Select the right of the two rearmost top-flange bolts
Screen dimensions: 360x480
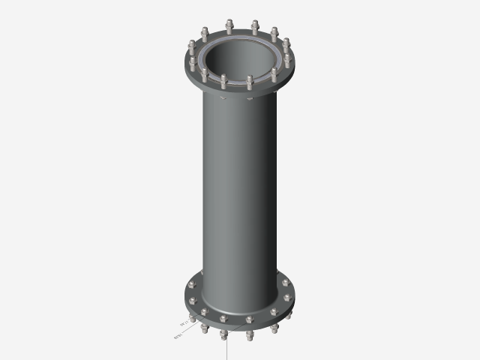tap(256, 28)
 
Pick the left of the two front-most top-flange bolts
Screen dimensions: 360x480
tap(223, 80)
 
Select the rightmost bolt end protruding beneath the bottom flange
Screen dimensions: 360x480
tap(286, 317)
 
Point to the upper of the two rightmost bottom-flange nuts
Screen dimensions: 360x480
tap(286, 282)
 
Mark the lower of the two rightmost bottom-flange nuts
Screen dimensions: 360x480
tap(286, 297)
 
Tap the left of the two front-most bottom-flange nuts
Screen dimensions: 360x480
tap(223, 320)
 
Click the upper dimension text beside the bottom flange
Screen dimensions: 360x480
tap(184, 323)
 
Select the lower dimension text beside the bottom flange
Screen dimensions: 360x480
tap(178, 337)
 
